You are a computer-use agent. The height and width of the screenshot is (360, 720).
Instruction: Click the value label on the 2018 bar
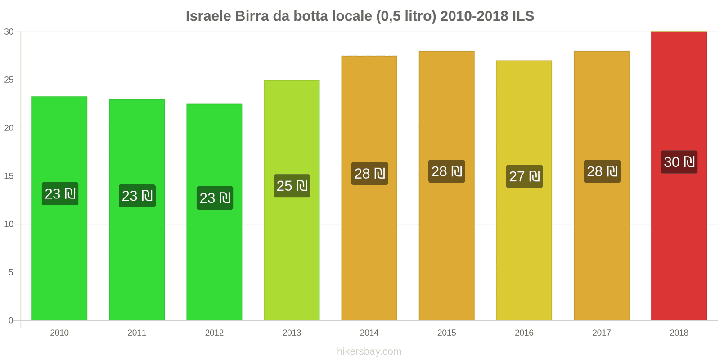(x=679, y=162)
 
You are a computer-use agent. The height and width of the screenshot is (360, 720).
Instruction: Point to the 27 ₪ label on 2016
(x=524, y=176)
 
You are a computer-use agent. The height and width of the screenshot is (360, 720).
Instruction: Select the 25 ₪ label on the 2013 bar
(x=292, y=186)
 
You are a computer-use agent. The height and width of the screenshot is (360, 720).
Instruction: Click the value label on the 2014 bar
(x=369, y=174)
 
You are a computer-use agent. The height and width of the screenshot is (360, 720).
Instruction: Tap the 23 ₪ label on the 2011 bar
(x=137, y=196)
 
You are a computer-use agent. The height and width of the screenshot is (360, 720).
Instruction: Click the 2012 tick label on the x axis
(x=214, y=333)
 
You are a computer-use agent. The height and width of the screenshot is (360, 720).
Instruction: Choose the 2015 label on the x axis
(x=446, y=333)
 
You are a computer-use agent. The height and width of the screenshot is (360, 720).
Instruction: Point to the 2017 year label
(x=601, y=333)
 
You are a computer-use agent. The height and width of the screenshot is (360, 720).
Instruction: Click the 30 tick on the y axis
(x=9, y=32)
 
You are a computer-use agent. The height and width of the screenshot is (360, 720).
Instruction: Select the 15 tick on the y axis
(x=9, y=176)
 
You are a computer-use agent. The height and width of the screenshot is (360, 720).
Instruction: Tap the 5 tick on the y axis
(x=11, y=273)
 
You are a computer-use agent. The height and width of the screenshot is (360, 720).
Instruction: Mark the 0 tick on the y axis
(x=11, y=321)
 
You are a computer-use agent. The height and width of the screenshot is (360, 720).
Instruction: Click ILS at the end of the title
(x=523, y=16)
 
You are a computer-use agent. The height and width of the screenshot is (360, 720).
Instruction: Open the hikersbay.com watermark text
(x=369, y=351)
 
